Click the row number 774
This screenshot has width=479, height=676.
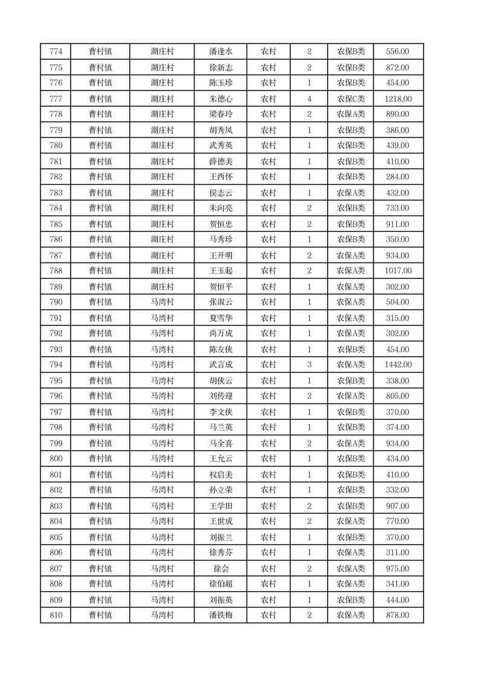[x=56, y=52]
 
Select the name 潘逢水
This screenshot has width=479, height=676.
[x=220, y=52]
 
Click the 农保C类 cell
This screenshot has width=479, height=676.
[x=351, y=99]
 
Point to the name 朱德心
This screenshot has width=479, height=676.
[x=220, y=99]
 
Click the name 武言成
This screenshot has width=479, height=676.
[x=220, y=365]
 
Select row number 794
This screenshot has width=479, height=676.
[x=56, y=365]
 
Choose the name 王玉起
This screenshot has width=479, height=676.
[x=220, y=271]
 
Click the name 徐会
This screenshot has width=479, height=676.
[x=220, y=568]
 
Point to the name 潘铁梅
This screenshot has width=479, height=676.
[x=220, y=615]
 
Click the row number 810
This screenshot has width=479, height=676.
[x=56, y=615]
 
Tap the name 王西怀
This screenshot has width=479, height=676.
[x=220, y=177]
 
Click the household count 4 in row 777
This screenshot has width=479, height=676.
[x=309, y=99]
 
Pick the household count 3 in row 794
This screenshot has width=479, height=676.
[x=309, y=365]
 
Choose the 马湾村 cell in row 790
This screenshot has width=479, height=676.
[x=162, y=302]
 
